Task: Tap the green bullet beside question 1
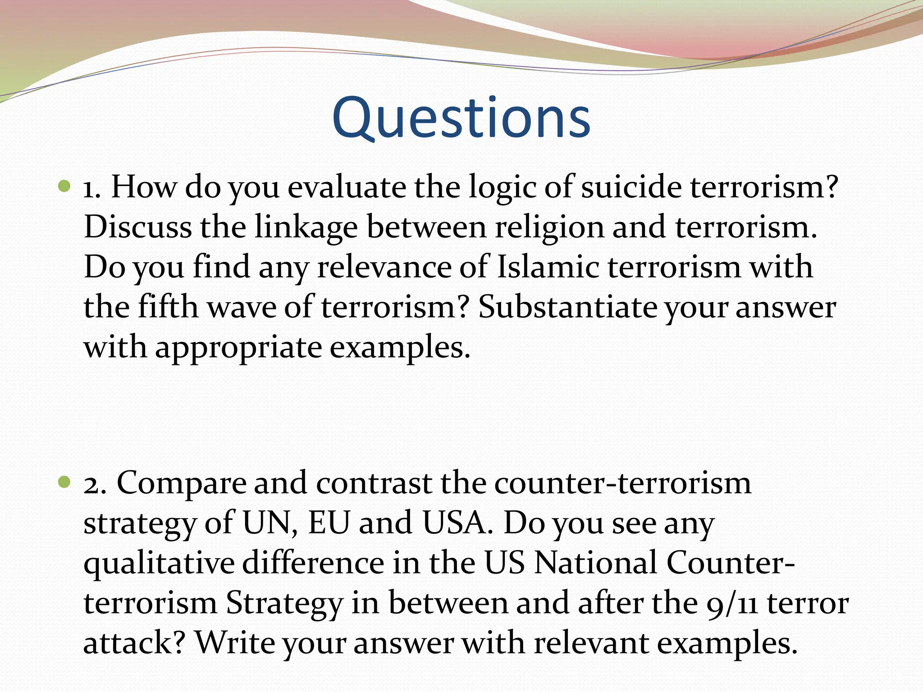[65, 185]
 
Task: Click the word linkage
[306, 228]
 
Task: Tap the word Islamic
[548, 267]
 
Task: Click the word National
[595, 563]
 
